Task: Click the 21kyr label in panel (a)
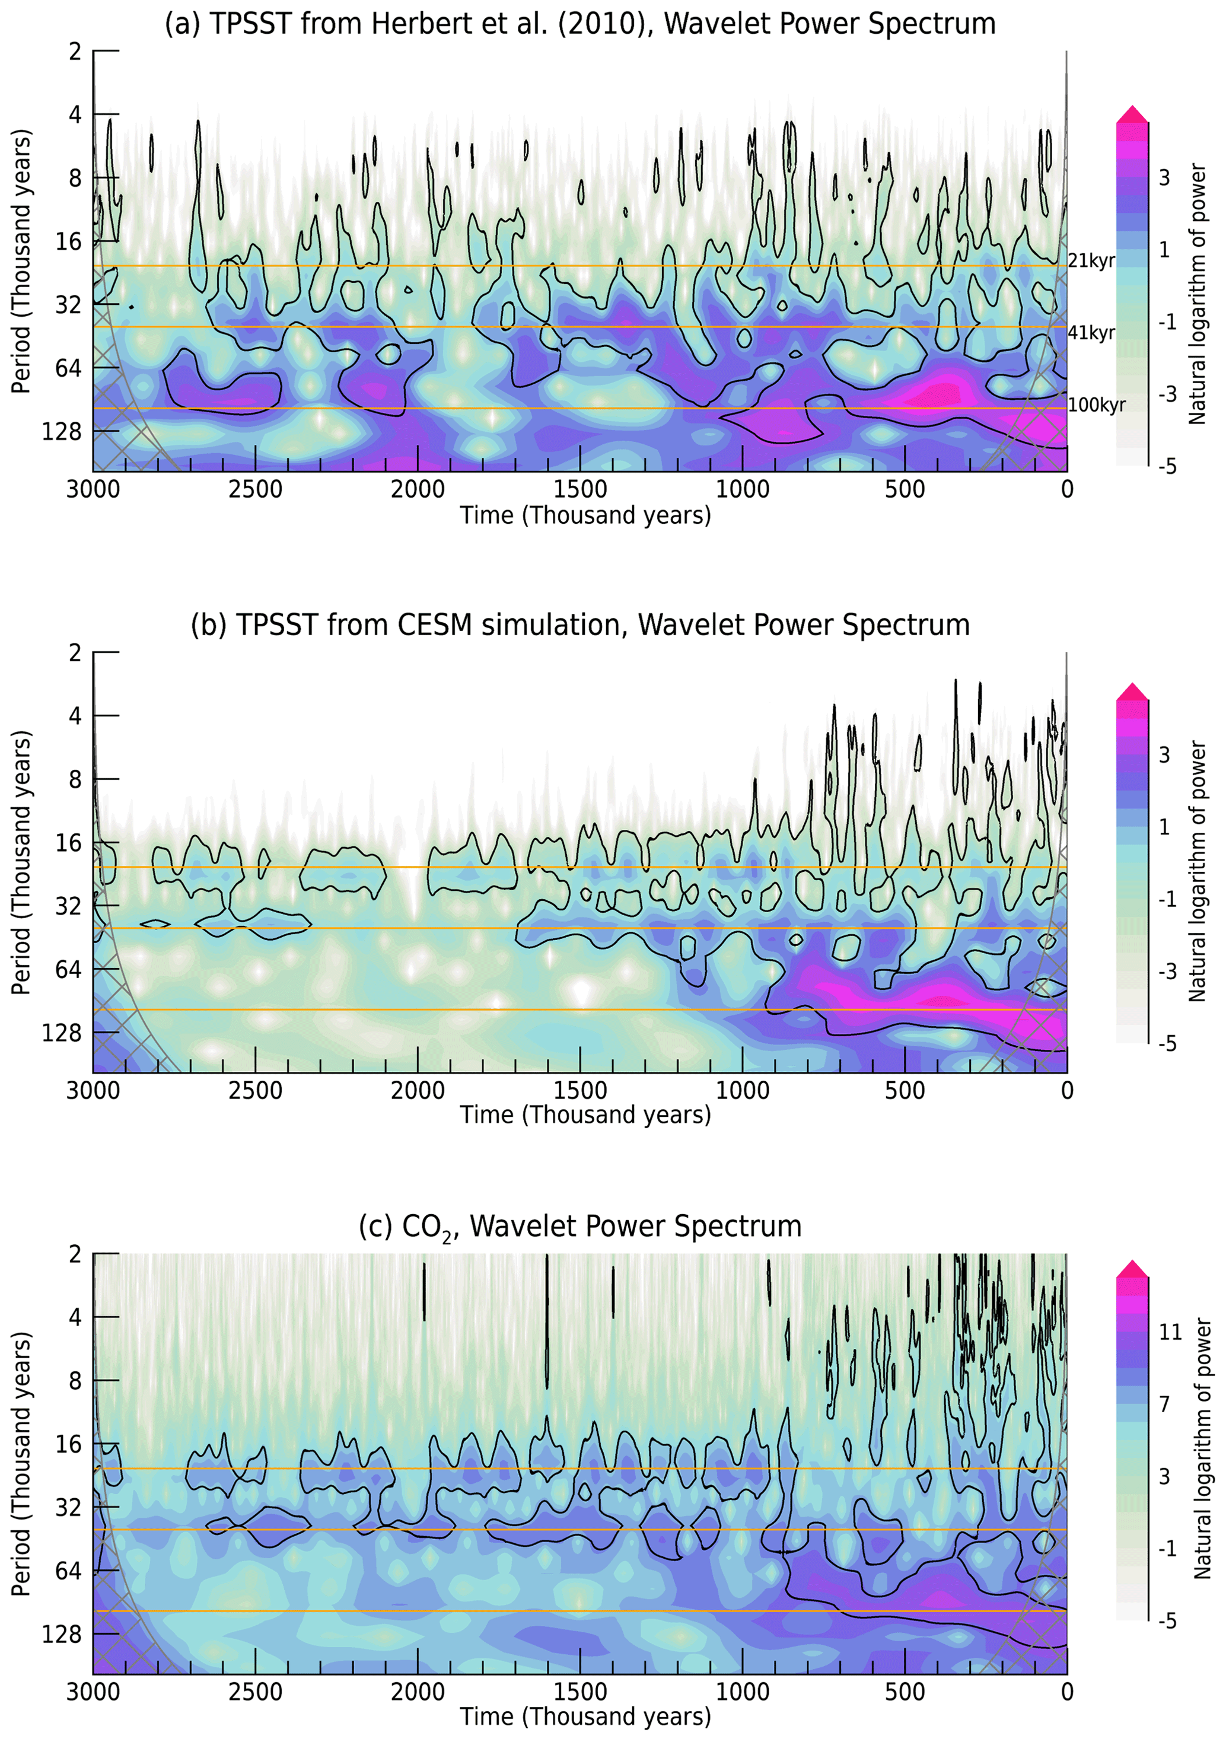point(1091,261)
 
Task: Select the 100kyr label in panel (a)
point(1096,405)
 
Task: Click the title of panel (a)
point(580,24)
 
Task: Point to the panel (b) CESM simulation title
point(580,625)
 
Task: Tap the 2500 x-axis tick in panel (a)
point(256,489)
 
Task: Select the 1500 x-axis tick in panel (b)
point(580,1090)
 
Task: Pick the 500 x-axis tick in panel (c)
point(905,1691)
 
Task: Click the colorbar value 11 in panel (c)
point(1169,1332)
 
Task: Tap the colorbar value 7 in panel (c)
point(1164,1403)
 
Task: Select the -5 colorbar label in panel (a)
point(1167,466)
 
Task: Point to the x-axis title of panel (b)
point(585,1114)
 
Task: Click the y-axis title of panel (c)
point(21,1464)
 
